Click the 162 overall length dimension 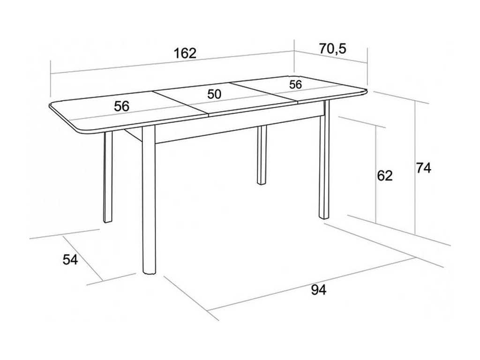pos(185,53)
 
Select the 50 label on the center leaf pos(214,94)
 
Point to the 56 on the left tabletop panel pos(121,106)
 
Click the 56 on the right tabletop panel pos(295,84)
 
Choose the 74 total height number pos(424,168)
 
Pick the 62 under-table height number pos(384,175)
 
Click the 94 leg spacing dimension pos(318,290)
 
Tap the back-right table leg pos(262,155)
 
